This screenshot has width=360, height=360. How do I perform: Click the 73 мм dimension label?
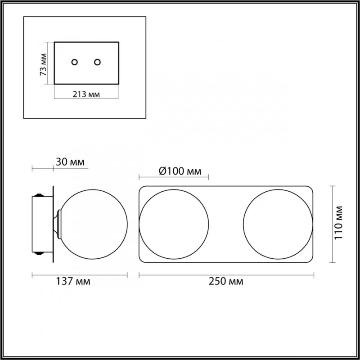43,64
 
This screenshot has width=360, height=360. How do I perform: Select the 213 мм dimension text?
86,94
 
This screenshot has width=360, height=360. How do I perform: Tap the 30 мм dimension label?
70,162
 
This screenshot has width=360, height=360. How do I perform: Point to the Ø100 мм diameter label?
180,171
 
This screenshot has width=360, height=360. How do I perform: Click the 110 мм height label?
338,223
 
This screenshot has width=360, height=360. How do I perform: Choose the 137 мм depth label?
73,281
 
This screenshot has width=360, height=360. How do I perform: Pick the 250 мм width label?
226,281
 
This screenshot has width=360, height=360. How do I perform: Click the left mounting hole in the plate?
74,62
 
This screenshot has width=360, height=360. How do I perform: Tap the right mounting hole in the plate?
97,62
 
